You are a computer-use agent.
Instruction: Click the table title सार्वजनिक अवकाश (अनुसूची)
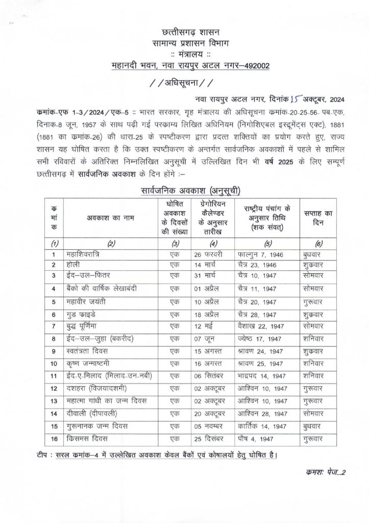[x=184, y=192]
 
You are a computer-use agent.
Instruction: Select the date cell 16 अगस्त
[x=210, y=364]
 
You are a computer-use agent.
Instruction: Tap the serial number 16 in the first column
[x=53, y=438]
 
